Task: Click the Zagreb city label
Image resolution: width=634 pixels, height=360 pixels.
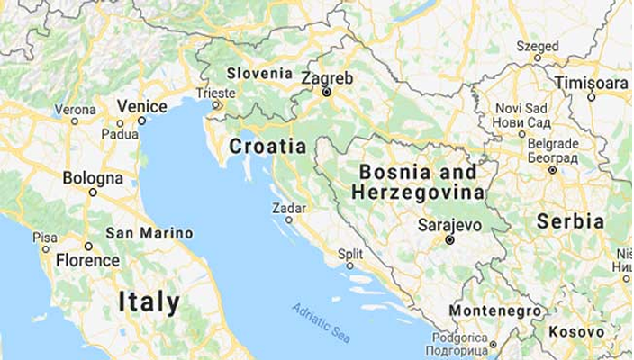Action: click(326, 77)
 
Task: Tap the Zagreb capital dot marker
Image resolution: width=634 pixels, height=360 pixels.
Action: click(327, 92)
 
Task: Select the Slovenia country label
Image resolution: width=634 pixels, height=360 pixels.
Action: click(259, 73)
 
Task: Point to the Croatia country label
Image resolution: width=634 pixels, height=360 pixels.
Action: click(267, 146)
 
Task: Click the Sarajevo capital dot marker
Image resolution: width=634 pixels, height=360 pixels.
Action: click(449, 240)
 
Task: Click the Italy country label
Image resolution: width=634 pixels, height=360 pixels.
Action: click(149, 301)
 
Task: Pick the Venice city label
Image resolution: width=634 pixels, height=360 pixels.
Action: click(141, 106)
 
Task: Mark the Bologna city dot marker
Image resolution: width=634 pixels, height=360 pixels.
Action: click(93, 192)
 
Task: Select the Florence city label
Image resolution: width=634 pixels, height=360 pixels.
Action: click(87, 261)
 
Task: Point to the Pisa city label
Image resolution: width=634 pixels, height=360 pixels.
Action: click(44, 237)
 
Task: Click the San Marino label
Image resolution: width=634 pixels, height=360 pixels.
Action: click(149, 233)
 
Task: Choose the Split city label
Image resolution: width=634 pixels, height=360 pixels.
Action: click(349, 254)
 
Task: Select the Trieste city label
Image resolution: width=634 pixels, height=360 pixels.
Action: click(216, 93)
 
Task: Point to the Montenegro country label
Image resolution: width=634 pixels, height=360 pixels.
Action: click(496, 310)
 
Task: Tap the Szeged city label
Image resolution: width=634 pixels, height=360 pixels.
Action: click(538, 45)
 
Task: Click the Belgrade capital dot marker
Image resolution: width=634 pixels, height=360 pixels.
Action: click(552, 169)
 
